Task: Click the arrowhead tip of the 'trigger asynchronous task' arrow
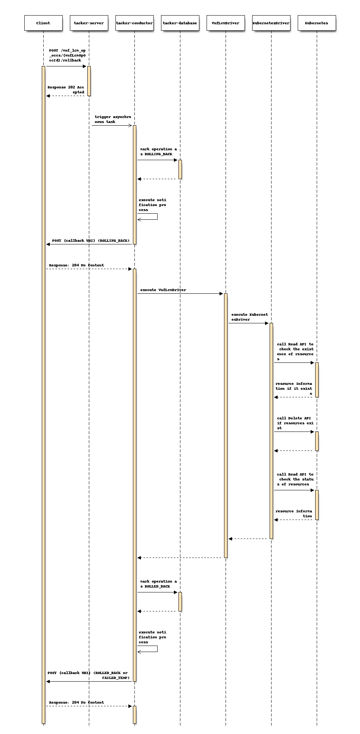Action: point(132,126)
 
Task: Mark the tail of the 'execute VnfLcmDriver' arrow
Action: point(137,293)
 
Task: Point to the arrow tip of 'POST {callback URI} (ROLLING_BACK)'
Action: point(47,244)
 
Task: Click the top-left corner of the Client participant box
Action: point(25,16)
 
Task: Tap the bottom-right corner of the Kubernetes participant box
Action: point(335,30)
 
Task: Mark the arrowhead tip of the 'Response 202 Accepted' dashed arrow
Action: point(47,96)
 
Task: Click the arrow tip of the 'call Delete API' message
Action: point(314,432)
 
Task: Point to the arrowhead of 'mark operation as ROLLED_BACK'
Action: point(177,592)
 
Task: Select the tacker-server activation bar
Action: point(89,81)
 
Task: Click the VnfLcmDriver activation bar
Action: point(226,425)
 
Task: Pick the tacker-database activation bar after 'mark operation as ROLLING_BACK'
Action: point(180,169)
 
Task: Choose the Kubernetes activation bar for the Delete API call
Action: point(317,441)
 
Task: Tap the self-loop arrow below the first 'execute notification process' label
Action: point(157,217)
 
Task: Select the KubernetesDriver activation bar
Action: point(271,431)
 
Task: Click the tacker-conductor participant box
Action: point(134,23)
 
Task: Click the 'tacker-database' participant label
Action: point(180,23)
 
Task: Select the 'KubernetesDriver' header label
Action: point(271,23)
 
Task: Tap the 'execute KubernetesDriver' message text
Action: point(250,317)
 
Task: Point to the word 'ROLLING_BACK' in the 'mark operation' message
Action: point(158,154)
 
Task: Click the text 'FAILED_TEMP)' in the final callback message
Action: point(116,677)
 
